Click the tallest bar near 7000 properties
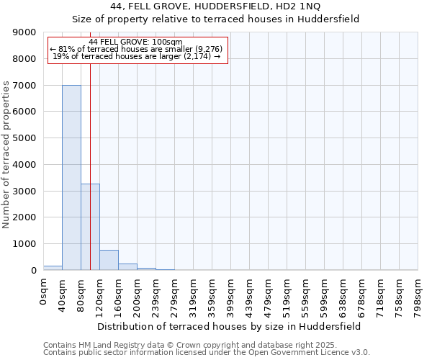71,177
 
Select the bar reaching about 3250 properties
90,227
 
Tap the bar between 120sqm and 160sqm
109,260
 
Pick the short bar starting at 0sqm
53,268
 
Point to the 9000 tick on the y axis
25,32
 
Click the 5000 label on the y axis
25,138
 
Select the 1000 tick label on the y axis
25,244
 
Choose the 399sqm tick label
230,294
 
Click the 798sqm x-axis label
418,294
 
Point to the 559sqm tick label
305,294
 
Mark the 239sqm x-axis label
156,294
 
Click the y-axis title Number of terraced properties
6,155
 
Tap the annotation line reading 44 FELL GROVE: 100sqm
138,42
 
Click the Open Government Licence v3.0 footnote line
207,353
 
